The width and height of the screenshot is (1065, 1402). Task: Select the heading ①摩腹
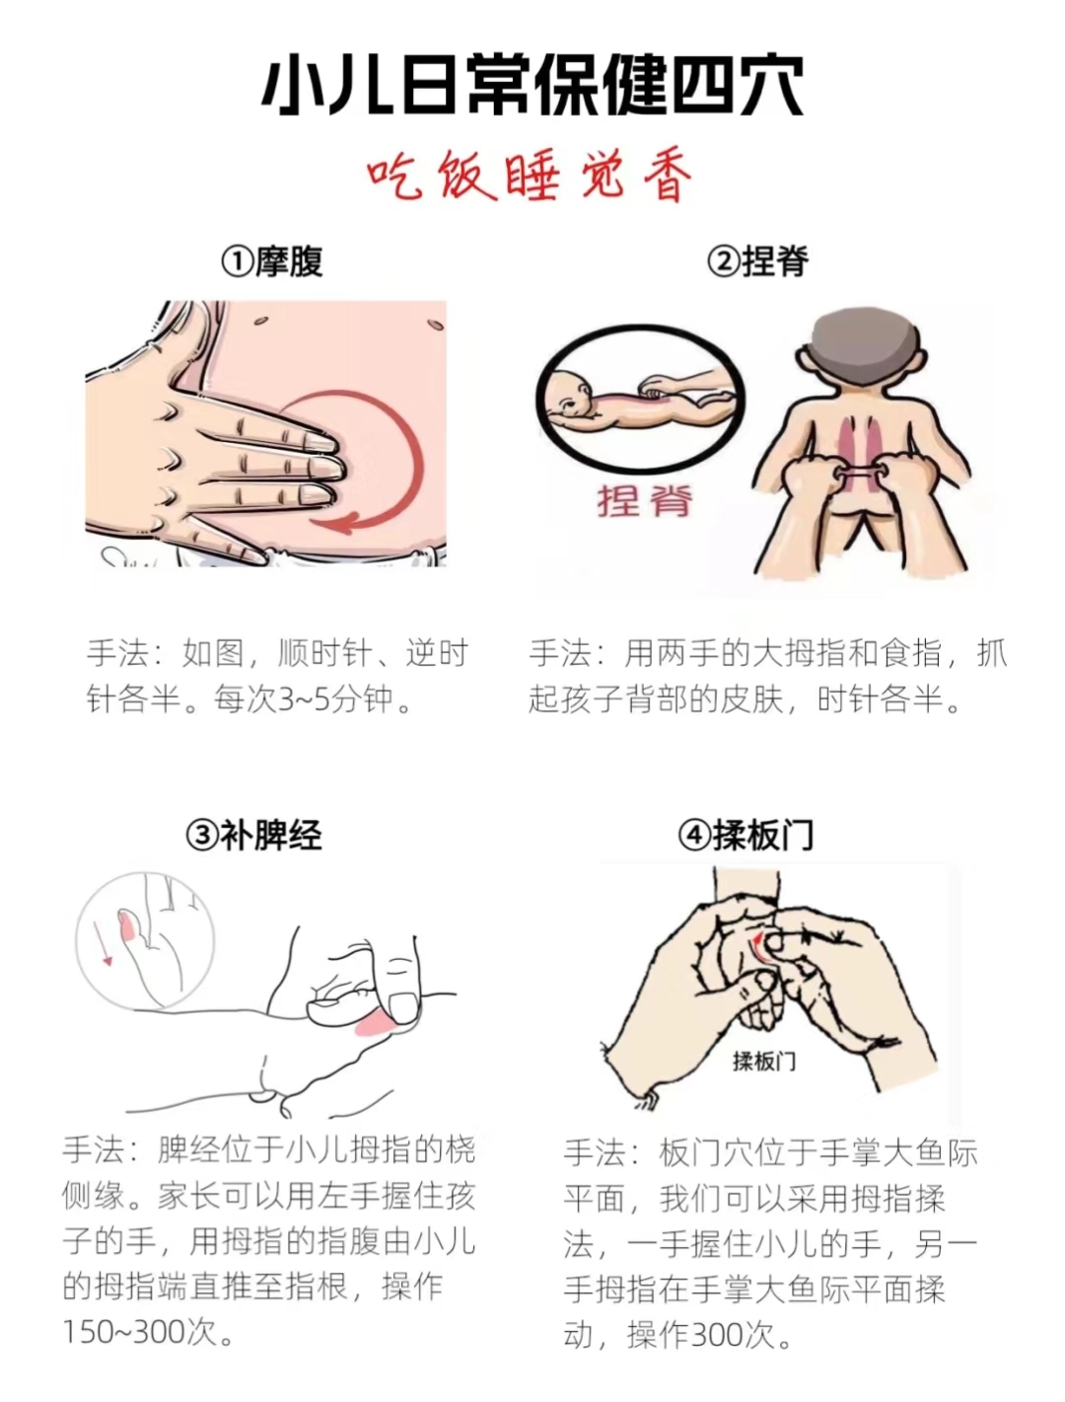272,261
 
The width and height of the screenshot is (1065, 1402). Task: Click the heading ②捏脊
757,261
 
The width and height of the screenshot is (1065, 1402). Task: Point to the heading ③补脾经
254,834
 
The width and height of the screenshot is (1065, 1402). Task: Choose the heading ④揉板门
745,834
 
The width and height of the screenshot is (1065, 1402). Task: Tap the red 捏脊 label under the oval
645,501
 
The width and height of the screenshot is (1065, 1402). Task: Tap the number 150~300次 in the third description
140,1334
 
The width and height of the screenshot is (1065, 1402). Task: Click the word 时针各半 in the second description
880,701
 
